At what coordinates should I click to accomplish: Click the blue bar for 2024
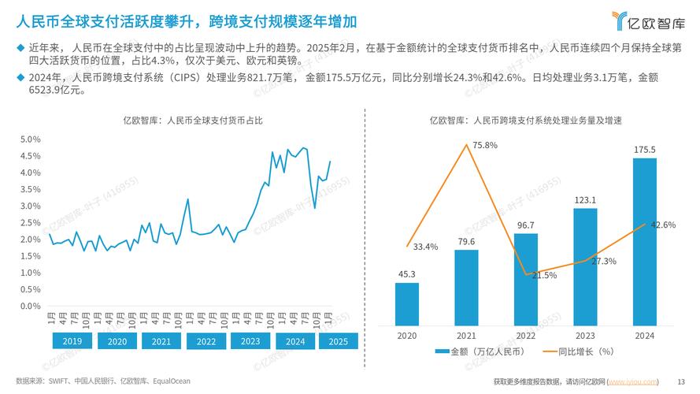tap(645, 242)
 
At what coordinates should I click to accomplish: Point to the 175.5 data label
tap(645, 149)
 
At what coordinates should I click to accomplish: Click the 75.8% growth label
tap(484, 145)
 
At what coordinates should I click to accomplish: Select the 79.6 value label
tap(466, 241)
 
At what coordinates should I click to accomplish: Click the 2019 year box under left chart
tap(72, 342)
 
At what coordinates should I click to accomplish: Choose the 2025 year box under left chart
tap(337, 342)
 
